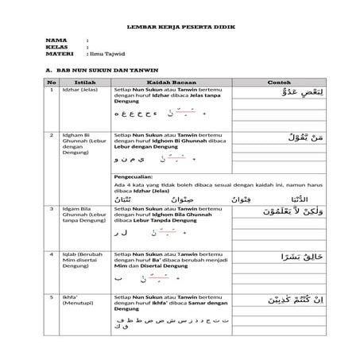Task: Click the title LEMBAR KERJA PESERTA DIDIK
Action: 180,27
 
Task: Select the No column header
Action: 52,82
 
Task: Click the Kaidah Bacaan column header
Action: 172,82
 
